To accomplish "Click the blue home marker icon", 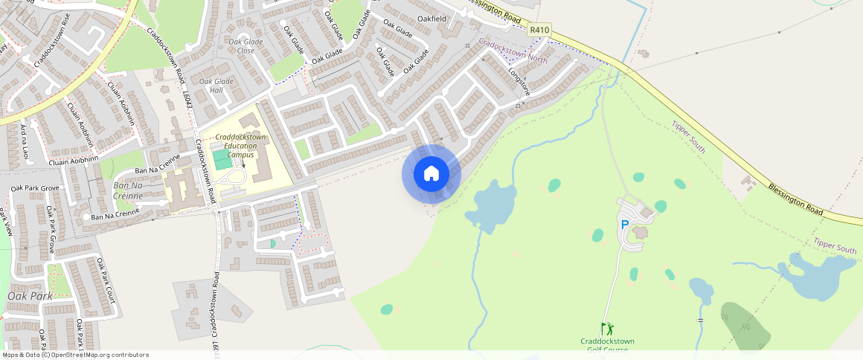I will click(x=431, y=174).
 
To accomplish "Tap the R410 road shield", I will click(x=539, y=30).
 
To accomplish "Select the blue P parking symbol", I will click(x=624, y=224).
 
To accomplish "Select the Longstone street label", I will click(x=519, y=82).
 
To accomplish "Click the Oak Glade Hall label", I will click(x=216, y=86).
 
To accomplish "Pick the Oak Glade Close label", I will click(x=246, y=46).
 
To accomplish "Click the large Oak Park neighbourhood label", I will click(x=30, y=296).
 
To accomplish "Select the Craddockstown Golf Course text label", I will click(x=608, y=345).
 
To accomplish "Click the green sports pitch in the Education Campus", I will click(x=222, y=160).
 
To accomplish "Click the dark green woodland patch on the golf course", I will click(x=744, y=324).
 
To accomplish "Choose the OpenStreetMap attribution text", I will click(x=74, y=355).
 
